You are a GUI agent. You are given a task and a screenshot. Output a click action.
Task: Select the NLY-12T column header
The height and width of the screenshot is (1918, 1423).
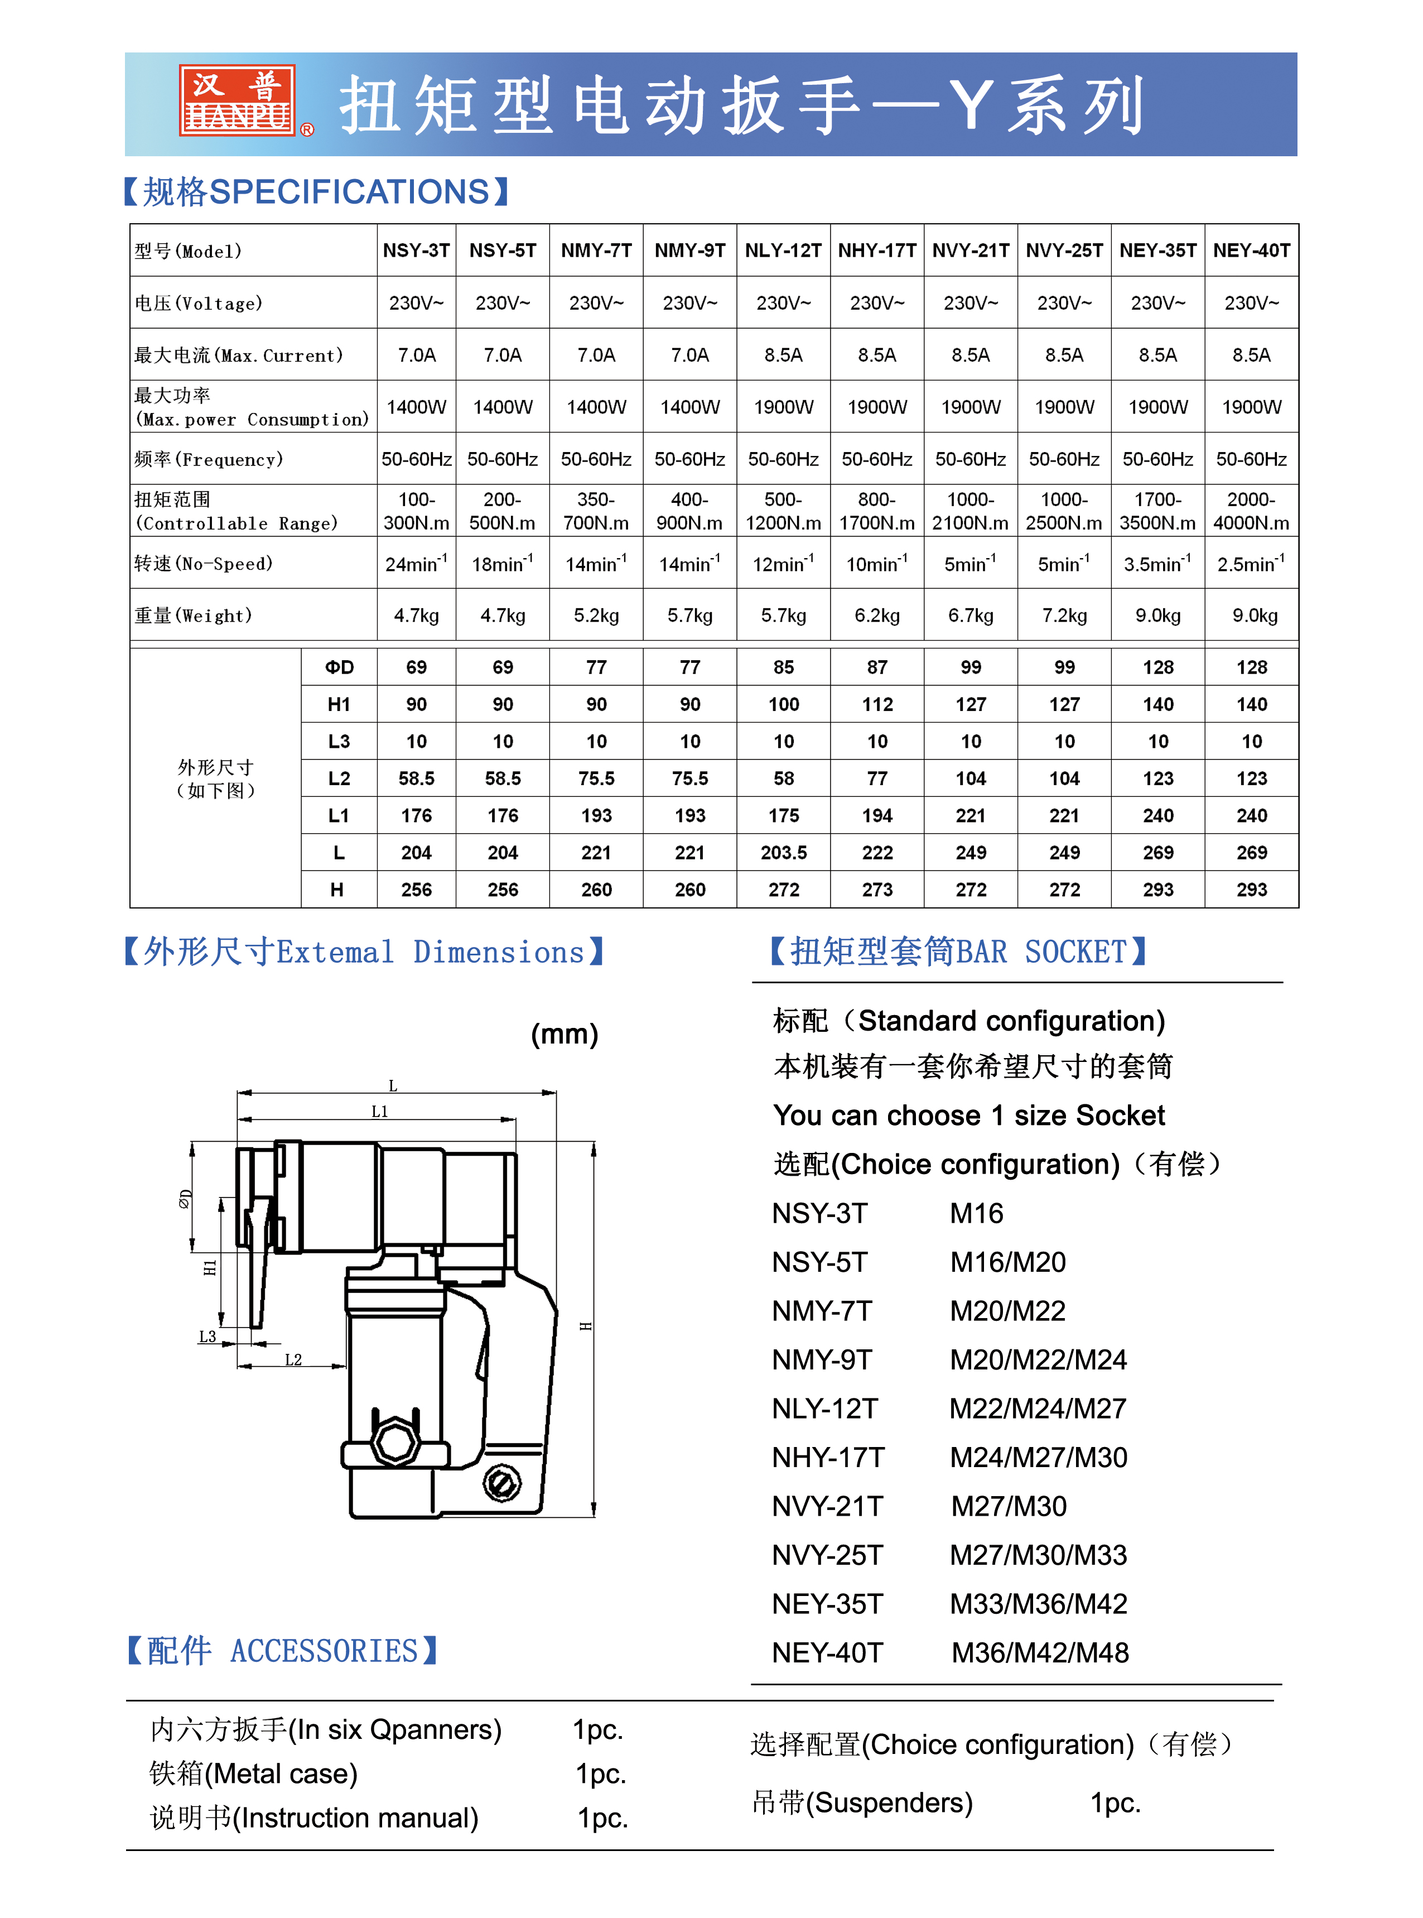coord(783,251)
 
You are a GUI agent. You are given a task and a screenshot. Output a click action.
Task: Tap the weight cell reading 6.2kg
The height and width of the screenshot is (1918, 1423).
coord(877,615)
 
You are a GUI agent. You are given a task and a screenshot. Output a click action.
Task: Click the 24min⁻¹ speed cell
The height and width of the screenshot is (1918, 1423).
coord(416,564)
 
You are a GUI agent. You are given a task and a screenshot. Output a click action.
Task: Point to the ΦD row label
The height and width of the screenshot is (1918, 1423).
coord(339,667)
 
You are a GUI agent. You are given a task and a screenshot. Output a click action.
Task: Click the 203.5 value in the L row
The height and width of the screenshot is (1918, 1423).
coord(783,852)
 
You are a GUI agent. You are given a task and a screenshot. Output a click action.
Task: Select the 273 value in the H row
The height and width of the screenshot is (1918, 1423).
coord(877,889)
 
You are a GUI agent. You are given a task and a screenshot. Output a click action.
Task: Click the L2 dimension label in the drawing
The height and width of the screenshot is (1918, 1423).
coord(293,1359)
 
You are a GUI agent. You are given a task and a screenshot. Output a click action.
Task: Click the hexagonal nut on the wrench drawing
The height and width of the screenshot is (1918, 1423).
coord(395,1441)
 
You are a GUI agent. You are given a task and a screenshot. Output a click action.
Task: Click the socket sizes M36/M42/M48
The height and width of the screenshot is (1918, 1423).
coord(1040,1652)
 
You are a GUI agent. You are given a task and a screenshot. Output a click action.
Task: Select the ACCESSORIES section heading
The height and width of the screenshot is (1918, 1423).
coord(324,1651)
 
